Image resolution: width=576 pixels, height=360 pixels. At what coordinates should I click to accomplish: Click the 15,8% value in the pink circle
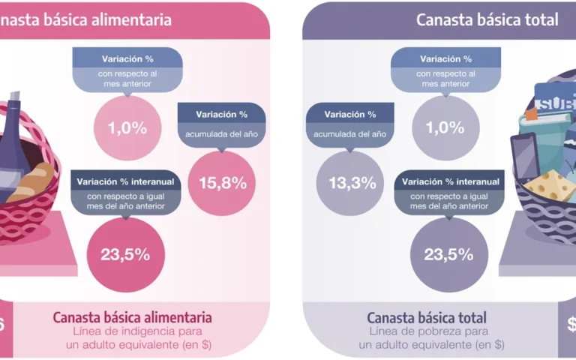click(x=217, y=182)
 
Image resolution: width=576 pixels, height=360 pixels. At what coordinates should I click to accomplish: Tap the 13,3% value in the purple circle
click(x=352, y=183)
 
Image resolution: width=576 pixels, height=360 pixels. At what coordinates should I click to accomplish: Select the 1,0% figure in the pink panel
click(x=127, y=128)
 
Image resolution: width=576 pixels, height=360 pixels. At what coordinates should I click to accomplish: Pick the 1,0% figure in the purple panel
click(x=446, y=128)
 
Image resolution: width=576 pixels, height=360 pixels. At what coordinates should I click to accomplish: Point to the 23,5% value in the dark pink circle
click(x=125, y=253)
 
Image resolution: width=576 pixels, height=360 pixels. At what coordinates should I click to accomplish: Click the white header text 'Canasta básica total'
click(x=487, y=19)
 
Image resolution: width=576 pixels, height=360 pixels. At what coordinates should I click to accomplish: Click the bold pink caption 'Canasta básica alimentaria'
click(x=132, y=316)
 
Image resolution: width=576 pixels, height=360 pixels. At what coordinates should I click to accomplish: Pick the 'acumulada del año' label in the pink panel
click(x=222, y=133)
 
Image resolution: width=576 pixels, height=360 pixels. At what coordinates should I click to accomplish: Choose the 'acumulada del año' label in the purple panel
click(x=350, y=133)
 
